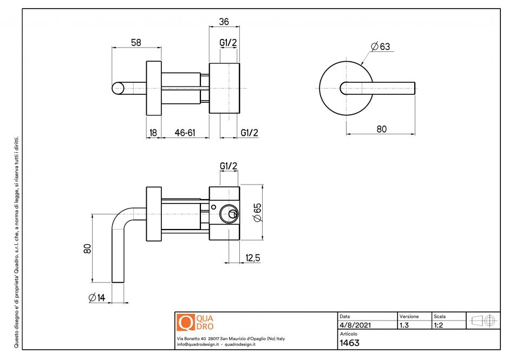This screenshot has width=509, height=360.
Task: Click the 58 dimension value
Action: coord(136,42)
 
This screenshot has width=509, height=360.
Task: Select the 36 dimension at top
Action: coord(224,22)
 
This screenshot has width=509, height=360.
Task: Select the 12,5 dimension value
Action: coord(253,259)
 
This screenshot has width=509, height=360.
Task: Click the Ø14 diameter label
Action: coord(98,297)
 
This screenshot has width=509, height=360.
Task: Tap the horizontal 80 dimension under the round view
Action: coord(382,129)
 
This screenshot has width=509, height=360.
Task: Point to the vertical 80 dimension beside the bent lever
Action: coord(87,248)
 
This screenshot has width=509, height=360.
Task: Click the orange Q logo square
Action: coord(185,323)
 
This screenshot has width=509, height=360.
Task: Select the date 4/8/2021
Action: coord(355,325)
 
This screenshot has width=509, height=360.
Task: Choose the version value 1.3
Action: coord(404,325)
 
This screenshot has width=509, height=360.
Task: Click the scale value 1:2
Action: coord(440,325)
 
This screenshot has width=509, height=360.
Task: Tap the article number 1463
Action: coord(349,343)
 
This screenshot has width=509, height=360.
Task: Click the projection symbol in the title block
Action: coord(484,320)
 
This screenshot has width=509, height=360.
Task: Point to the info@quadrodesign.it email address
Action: coord(198,344)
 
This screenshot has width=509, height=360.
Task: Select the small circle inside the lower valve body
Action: coord(214,207)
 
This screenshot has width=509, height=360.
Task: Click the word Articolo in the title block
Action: coord(348,334)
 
